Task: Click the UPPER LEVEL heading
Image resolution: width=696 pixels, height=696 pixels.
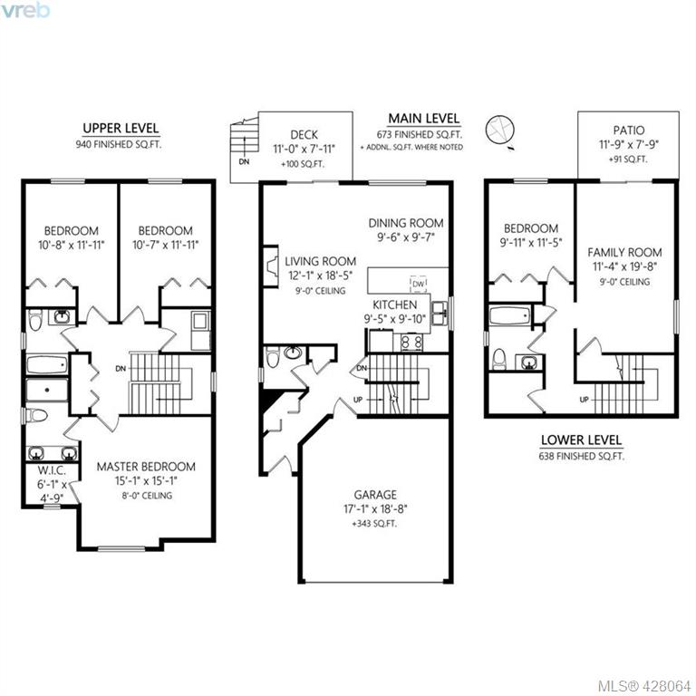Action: (121, 129)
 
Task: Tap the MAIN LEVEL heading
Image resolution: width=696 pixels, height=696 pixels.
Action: (424, 119)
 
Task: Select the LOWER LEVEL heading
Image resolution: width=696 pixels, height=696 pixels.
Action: (581, 440)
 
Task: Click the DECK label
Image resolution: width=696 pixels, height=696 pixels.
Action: (304, 134)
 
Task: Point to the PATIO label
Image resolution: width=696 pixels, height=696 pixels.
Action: (629, 130)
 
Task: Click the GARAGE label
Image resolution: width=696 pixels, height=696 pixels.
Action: (375, 495)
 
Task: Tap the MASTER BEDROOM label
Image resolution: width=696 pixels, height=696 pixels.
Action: (146, 467)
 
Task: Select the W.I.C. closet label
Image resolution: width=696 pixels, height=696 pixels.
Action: (52, 470)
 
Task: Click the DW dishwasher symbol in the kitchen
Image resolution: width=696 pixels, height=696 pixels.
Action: (418, 284)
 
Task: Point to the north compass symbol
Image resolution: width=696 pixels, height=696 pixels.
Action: (500, 130)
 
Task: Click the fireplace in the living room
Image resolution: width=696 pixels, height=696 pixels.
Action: (271, 266)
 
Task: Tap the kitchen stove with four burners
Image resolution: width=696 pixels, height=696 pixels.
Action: (411, 342)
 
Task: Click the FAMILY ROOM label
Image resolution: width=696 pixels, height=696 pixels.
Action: (624, 253)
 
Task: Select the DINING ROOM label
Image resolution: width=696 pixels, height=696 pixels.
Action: (406, 223)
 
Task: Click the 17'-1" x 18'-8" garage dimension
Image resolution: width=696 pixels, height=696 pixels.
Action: (375, 509)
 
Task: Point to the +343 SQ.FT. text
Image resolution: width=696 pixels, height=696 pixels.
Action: (374, 524)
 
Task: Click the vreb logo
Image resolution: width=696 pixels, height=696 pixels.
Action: (24, 10)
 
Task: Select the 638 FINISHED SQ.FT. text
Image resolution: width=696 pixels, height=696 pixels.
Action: (582, 456)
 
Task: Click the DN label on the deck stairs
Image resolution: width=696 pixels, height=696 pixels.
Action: (244, 161)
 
